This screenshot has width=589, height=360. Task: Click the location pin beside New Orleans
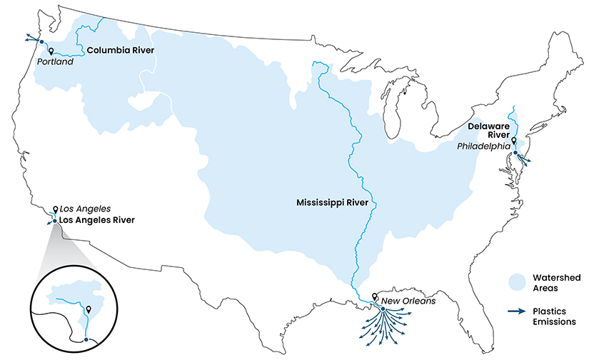pyautogui.click(x=376, y=296)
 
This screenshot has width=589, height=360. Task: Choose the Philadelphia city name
pyautogui.click(x=484, y=146)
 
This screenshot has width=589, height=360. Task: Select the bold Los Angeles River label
pyautogui.click(x=96, y=220)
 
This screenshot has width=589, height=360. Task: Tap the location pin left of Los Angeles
pyautogui.click(x=55, y=211)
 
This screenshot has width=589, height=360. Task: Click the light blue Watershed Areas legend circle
pyautogui.click(x=517, y=281)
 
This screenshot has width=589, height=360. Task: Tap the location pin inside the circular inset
pyautogui.click(x=88, y=309)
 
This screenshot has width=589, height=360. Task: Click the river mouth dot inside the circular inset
pyautogui.click(x=86, y=339)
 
